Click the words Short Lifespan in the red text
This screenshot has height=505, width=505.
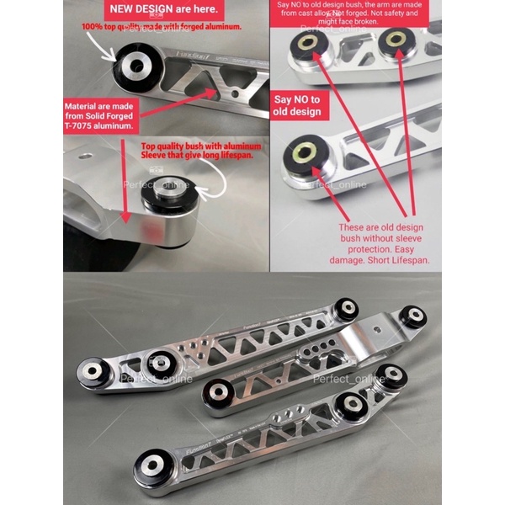401,261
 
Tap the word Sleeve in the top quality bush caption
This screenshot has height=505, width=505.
162,157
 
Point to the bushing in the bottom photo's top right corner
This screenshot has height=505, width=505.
412,316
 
